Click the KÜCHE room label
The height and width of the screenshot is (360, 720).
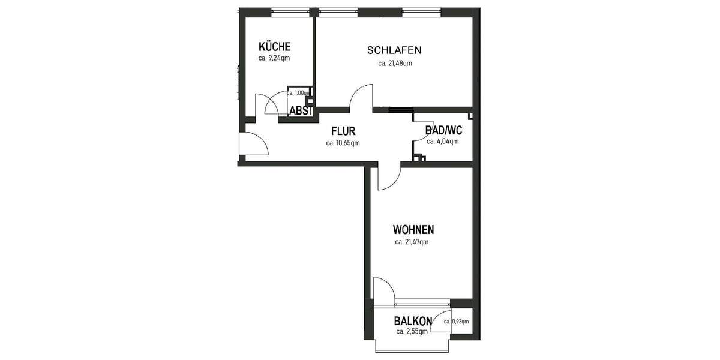[275, 47]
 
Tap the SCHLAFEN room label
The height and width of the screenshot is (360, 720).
[395, 50]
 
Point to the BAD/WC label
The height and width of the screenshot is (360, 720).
[443, 130]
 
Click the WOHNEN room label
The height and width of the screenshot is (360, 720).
[413, 230]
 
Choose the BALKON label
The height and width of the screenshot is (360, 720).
[412, 321]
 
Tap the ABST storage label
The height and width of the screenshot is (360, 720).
[301, 111]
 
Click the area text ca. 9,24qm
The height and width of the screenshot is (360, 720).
[275, 59]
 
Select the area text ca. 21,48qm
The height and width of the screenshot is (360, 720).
[395, 63]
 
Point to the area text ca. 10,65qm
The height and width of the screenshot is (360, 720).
[343, 143]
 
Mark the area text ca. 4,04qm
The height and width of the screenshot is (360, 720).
[443, 142]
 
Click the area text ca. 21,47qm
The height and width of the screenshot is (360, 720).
[412, 242]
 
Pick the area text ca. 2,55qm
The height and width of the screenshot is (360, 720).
[412, 331]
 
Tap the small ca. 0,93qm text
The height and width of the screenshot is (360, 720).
[457, 322]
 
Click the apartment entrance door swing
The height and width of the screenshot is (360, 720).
[252, 144]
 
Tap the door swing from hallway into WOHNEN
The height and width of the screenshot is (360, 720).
[389, 178]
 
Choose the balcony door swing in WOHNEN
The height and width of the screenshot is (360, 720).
[383, 287]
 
